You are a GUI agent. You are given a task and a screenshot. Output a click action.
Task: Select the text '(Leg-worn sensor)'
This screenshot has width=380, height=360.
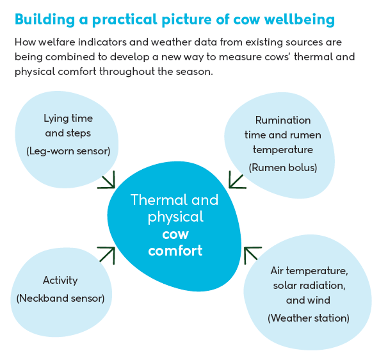pyautogui.click(x=68, y=151)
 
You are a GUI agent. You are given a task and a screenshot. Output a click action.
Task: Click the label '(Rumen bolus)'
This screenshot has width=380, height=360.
pyautogui.click(x=283, y=168)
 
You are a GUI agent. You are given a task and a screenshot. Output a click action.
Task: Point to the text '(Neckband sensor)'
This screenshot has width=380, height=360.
pyautogui.click(x=60, y=298)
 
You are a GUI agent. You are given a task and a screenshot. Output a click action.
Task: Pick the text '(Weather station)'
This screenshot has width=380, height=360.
pyautogui.click(x=308, y=318)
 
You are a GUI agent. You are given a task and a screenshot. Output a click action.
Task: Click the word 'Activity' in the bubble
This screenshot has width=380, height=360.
pyautogui.click(x=60, y=280)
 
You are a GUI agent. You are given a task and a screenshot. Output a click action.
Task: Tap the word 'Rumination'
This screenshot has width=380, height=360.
pyautogui.click(x=283, y=120)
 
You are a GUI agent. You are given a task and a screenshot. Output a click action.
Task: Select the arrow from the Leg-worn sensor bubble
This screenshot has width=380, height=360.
pyautogui.click(x=107, y=181)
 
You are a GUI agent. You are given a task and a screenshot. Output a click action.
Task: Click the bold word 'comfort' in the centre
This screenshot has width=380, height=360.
pyautogui.click(x=175, y=250)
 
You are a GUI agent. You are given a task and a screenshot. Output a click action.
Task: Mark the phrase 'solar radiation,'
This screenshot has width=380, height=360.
pyautogui.click(x=309, y=286)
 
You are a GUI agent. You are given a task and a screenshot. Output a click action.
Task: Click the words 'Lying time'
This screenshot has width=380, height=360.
pyautogui.click(x=68, y=119)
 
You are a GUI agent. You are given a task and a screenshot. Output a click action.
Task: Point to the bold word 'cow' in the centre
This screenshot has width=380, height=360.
pyautogui.click(x=175, y=234)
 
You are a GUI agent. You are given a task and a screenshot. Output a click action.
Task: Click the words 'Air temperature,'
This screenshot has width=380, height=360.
pyautogui.click(x=309, y=271)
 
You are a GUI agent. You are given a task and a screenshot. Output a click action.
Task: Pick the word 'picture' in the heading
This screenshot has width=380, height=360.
pyautogui.click(x=180, y=20)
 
